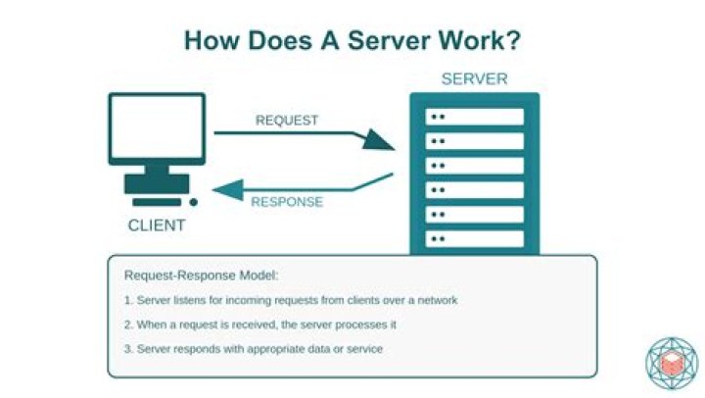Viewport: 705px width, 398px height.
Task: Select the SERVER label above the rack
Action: point(475,78)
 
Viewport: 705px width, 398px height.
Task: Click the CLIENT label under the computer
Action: point(157,225)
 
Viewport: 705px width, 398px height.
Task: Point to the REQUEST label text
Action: point(287,121)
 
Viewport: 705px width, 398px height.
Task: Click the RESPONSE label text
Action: point(287,202)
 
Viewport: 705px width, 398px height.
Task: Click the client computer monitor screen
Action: point(157,126)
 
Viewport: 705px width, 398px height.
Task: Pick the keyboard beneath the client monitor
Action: point(157,184)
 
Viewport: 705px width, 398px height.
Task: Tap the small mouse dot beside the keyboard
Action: point(193,202)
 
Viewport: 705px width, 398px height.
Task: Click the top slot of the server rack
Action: point(475,117)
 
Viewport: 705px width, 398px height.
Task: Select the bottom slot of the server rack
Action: point(475,238)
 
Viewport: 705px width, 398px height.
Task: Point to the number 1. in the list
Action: point(128,300)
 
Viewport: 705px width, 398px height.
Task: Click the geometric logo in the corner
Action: point(671,364)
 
